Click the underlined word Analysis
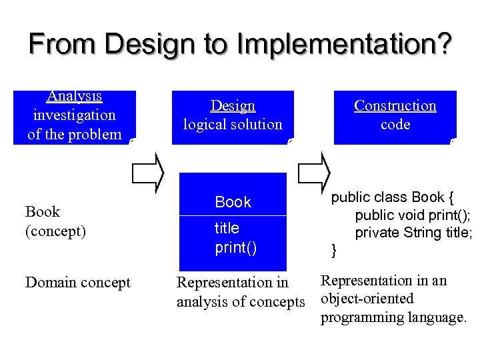pyautogui.click(x=74, y=96)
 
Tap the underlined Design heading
pyautogui.click(x=233, y=105)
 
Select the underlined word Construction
pyautogui.click(x=395, y=105)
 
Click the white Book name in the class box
pyautogui.click(x=233, y=202)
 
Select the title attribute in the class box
pyautogui.click(x=227, y=228)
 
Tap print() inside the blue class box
pyautogui.click(x=235, y=248)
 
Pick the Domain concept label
pyautogui.click(x=77, y=283)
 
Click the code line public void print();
pyautogui.click(x=413, y=215)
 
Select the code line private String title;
pyautogui.click(x=413, y=233)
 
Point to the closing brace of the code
pyautogui.click(x=335, y=251)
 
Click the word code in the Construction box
pyautogui.click(x=395, y=125)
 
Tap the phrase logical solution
pyautogui.click(x=233, y=125)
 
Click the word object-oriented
pyautogui.click(x=367, y=299)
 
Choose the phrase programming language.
pyautogui.click(x=393, y=317)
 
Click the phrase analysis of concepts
pyautogui.click(x=240, y=302)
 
